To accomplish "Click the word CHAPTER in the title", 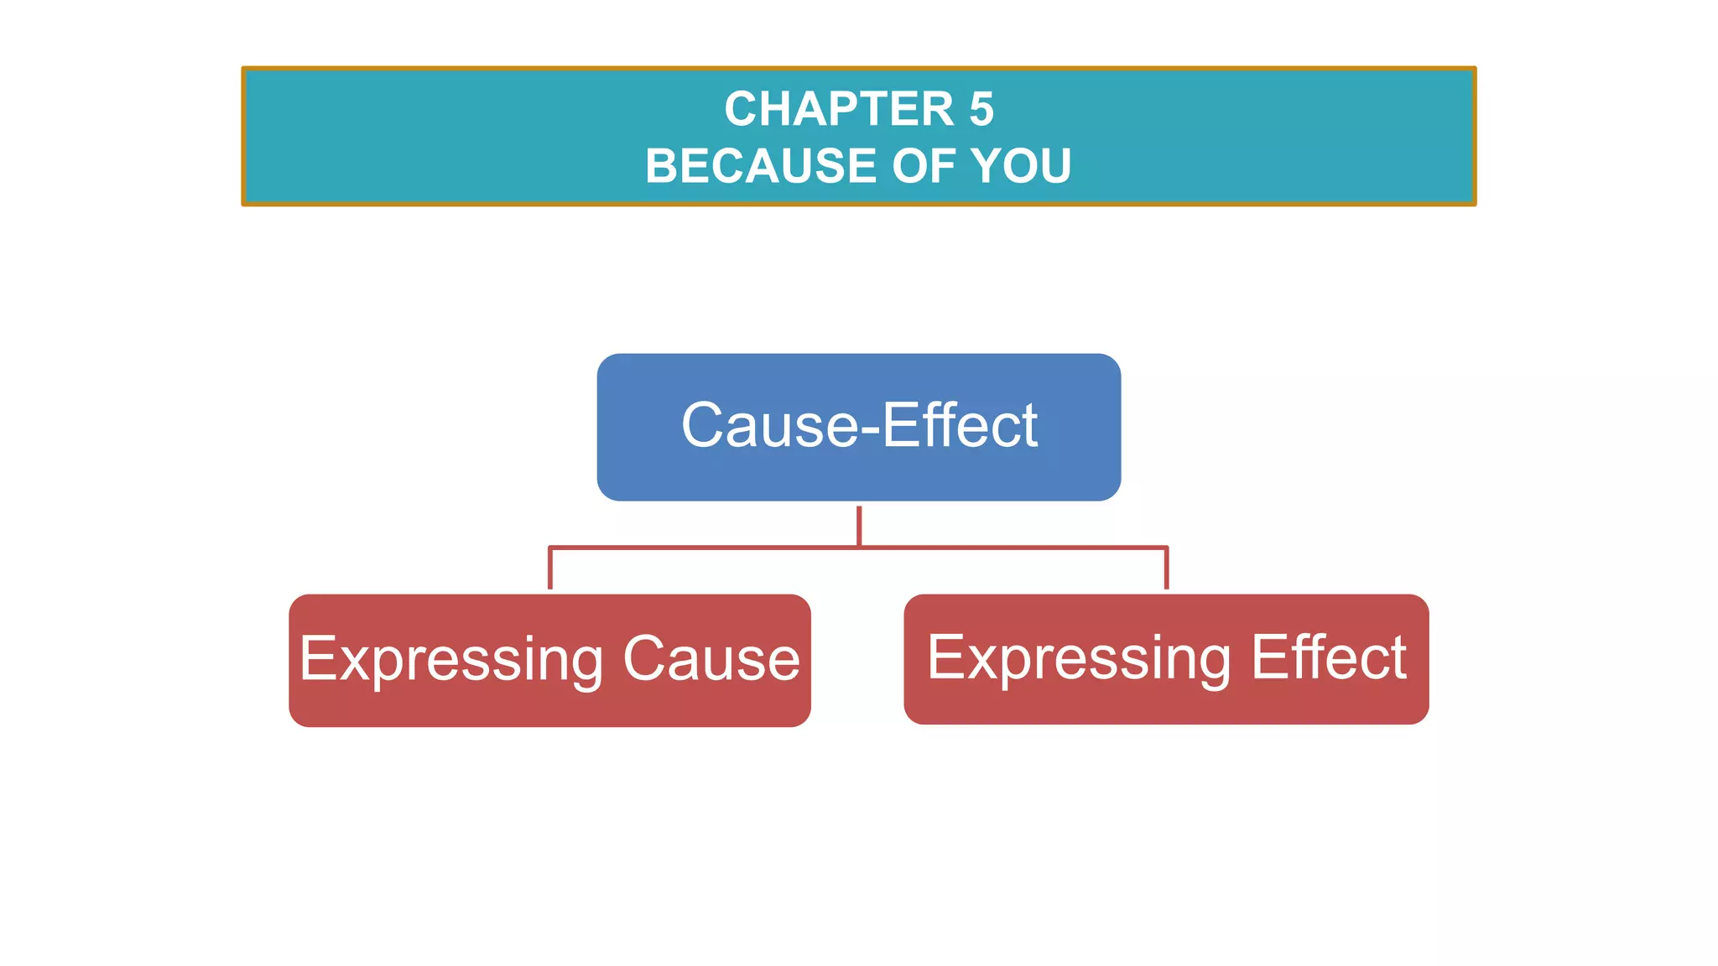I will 839,109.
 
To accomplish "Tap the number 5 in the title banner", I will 981,109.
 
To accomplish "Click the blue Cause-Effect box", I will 858,470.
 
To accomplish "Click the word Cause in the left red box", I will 711,659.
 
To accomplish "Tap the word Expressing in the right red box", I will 1079,659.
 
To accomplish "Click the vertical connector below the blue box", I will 859,525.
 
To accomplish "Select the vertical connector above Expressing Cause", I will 550,569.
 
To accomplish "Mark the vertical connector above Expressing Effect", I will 1166,569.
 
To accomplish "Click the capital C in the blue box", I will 703,425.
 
